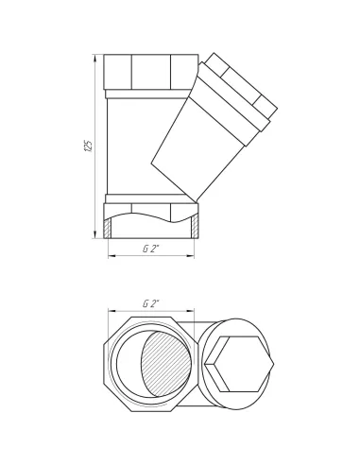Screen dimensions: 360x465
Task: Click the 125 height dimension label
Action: [89, 146]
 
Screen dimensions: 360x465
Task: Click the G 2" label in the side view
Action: [151, 249]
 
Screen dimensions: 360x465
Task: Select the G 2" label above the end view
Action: [151, 303]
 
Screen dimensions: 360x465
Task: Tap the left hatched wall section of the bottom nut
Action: [108, 228]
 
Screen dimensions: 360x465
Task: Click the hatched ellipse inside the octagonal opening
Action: [166, 364]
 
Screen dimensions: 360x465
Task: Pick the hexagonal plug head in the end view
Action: [239, 364]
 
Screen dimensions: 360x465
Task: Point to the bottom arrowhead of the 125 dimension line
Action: [95, 234]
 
